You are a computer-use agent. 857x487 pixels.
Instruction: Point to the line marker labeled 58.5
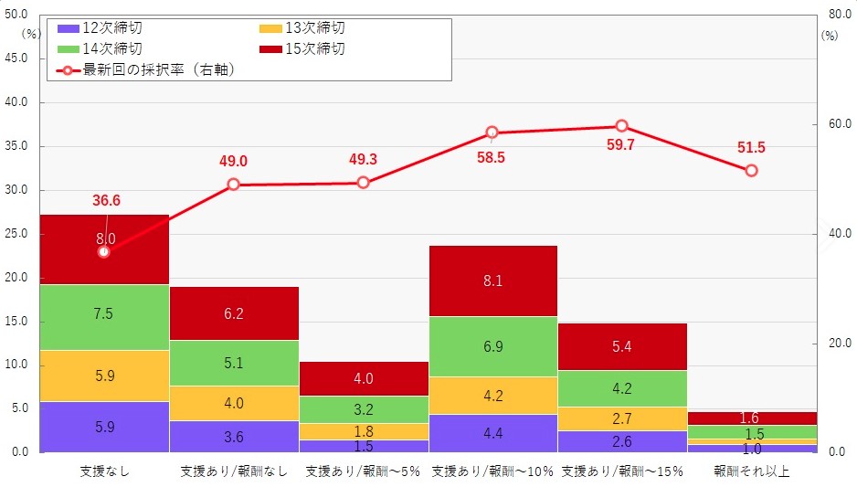pos(492,132)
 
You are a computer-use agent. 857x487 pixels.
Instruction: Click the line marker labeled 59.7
pos(621,126)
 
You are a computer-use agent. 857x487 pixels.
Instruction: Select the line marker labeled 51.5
pos(751,171)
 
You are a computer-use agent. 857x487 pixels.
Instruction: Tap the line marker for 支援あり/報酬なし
pos(233,185)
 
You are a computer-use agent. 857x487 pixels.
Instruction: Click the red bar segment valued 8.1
pos(492,281)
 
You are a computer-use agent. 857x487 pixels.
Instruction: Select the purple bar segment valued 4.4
pos(492,433)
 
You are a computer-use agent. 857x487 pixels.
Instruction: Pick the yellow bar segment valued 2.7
pos(621,418)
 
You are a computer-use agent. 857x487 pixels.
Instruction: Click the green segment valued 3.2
pos(363,409)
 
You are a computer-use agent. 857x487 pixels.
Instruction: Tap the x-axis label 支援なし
pos(104,471)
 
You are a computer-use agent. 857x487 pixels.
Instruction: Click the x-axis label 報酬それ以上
pos(751,471)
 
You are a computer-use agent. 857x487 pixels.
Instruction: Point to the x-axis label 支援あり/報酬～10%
pos(492,471)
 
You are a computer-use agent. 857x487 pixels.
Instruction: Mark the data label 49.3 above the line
pos(363,160)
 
